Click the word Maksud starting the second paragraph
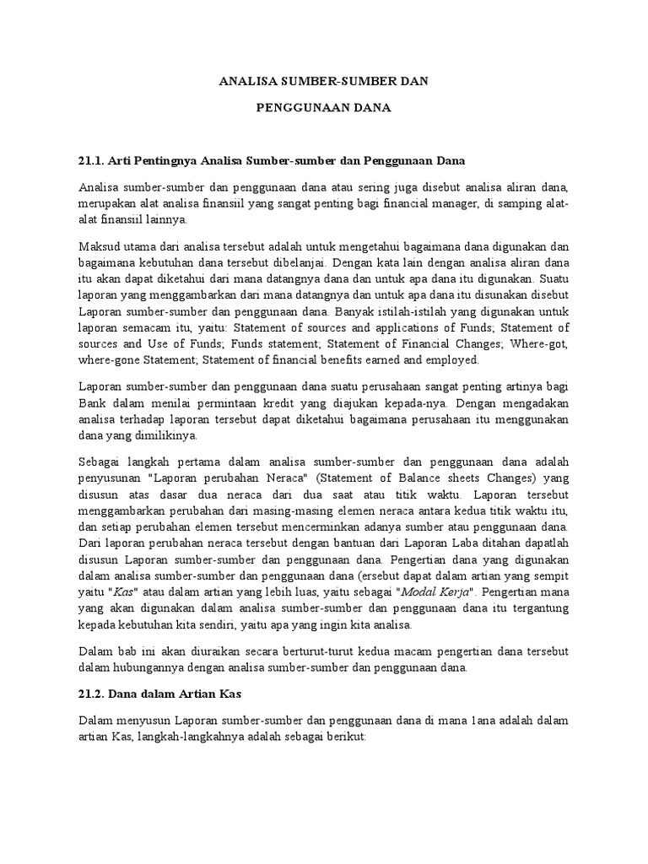point(100,247)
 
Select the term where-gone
point(111,359)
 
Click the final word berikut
point(342,737)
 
